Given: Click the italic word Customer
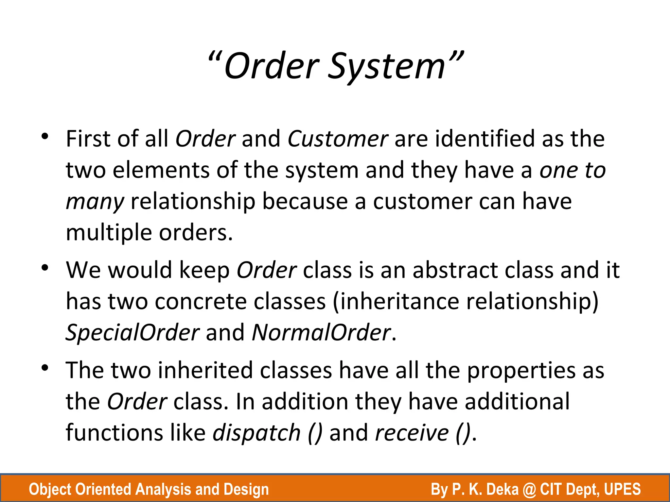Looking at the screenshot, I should (x=338, y=139).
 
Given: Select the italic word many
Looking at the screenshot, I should (x=95, y=202).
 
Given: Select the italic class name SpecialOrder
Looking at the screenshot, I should (x=132, y=332).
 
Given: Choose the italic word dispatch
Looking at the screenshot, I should (x=256, y=433).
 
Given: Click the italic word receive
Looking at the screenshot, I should (x=412, y=433).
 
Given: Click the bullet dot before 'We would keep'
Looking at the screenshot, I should (x=45, y=268).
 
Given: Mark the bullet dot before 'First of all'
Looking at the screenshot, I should (x=45, y=136).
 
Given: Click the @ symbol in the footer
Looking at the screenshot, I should (x=529, y=489).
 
